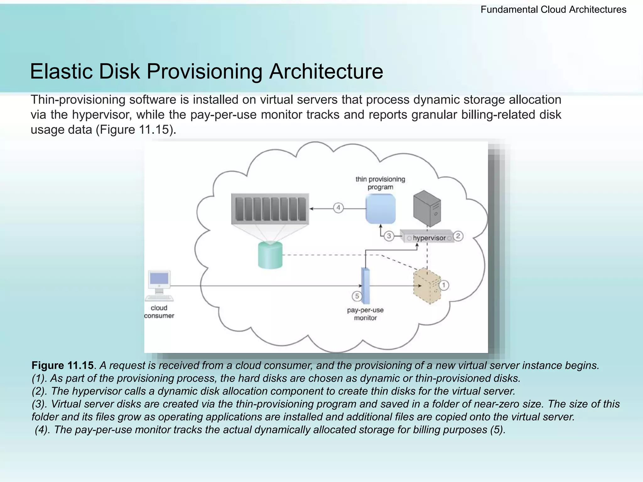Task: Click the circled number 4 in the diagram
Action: (338, 208)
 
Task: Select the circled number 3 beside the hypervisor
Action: (389, 236)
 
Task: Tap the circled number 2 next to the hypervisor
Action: (458, 236)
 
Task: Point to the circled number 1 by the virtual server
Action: (444, 285)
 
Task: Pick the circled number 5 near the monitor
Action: (357, 296)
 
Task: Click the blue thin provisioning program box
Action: (381, 209)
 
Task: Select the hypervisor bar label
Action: (429, 238)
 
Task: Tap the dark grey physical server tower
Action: (427, 208)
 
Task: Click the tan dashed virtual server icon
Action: (427, 286)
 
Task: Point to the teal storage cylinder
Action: (270, 255)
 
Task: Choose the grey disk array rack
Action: (270, 209)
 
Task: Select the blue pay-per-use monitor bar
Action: (365, 286)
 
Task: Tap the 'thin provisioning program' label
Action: (380, 183)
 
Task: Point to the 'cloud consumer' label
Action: (159, 312)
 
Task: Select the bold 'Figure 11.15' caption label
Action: (62, 366)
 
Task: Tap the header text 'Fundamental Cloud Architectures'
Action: (553, 10)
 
